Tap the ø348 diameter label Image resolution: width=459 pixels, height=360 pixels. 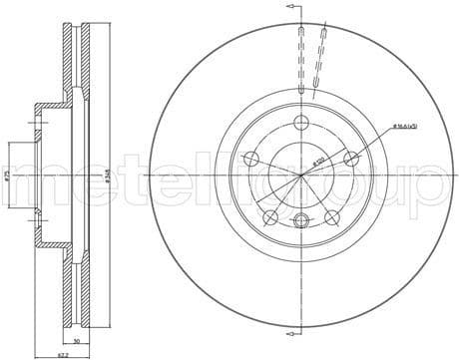[x=107, y=177]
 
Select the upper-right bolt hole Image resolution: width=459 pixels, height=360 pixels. [x=350, y=159]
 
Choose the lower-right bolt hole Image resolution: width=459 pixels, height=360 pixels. [x=332, y=216]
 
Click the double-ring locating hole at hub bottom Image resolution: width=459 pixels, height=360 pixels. [x=302, y=219]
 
